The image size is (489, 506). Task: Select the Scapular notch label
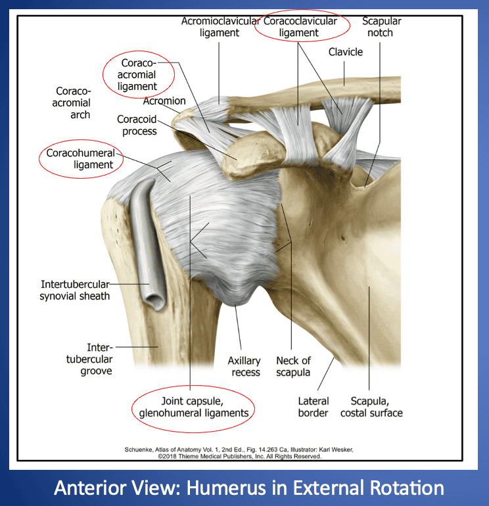[x=381, y=27]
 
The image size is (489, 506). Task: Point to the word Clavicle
[x=346, y=52]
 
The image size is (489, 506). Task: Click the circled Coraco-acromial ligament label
[x=139, y=74]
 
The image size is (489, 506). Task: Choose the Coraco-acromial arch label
[x=72, y=103]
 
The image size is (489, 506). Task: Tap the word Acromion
[x=164, y=101]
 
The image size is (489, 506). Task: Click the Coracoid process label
[x=137, y=125]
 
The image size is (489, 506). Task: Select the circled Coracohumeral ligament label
[x=81, y=159]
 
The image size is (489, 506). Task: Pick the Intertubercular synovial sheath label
[x=75, y=290]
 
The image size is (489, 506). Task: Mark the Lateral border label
[x=314, y=406]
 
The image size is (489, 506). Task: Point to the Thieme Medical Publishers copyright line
[x=240, y=455]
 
